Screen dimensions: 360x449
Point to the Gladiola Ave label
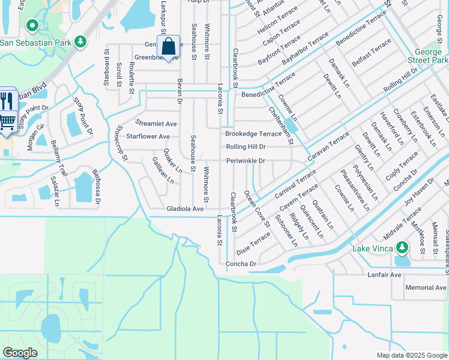[185, 208]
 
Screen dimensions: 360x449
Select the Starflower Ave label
[148, 136]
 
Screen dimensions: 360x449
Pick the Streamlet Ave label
[157, 124]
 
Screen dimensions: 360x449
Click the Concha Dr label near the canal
[241, 264]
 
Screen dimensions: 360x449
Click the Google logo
[20, 353]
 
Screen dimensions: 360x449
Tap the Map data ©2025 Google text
[411, 355]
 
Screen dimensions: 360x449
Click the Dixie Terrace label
[253, 243]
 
